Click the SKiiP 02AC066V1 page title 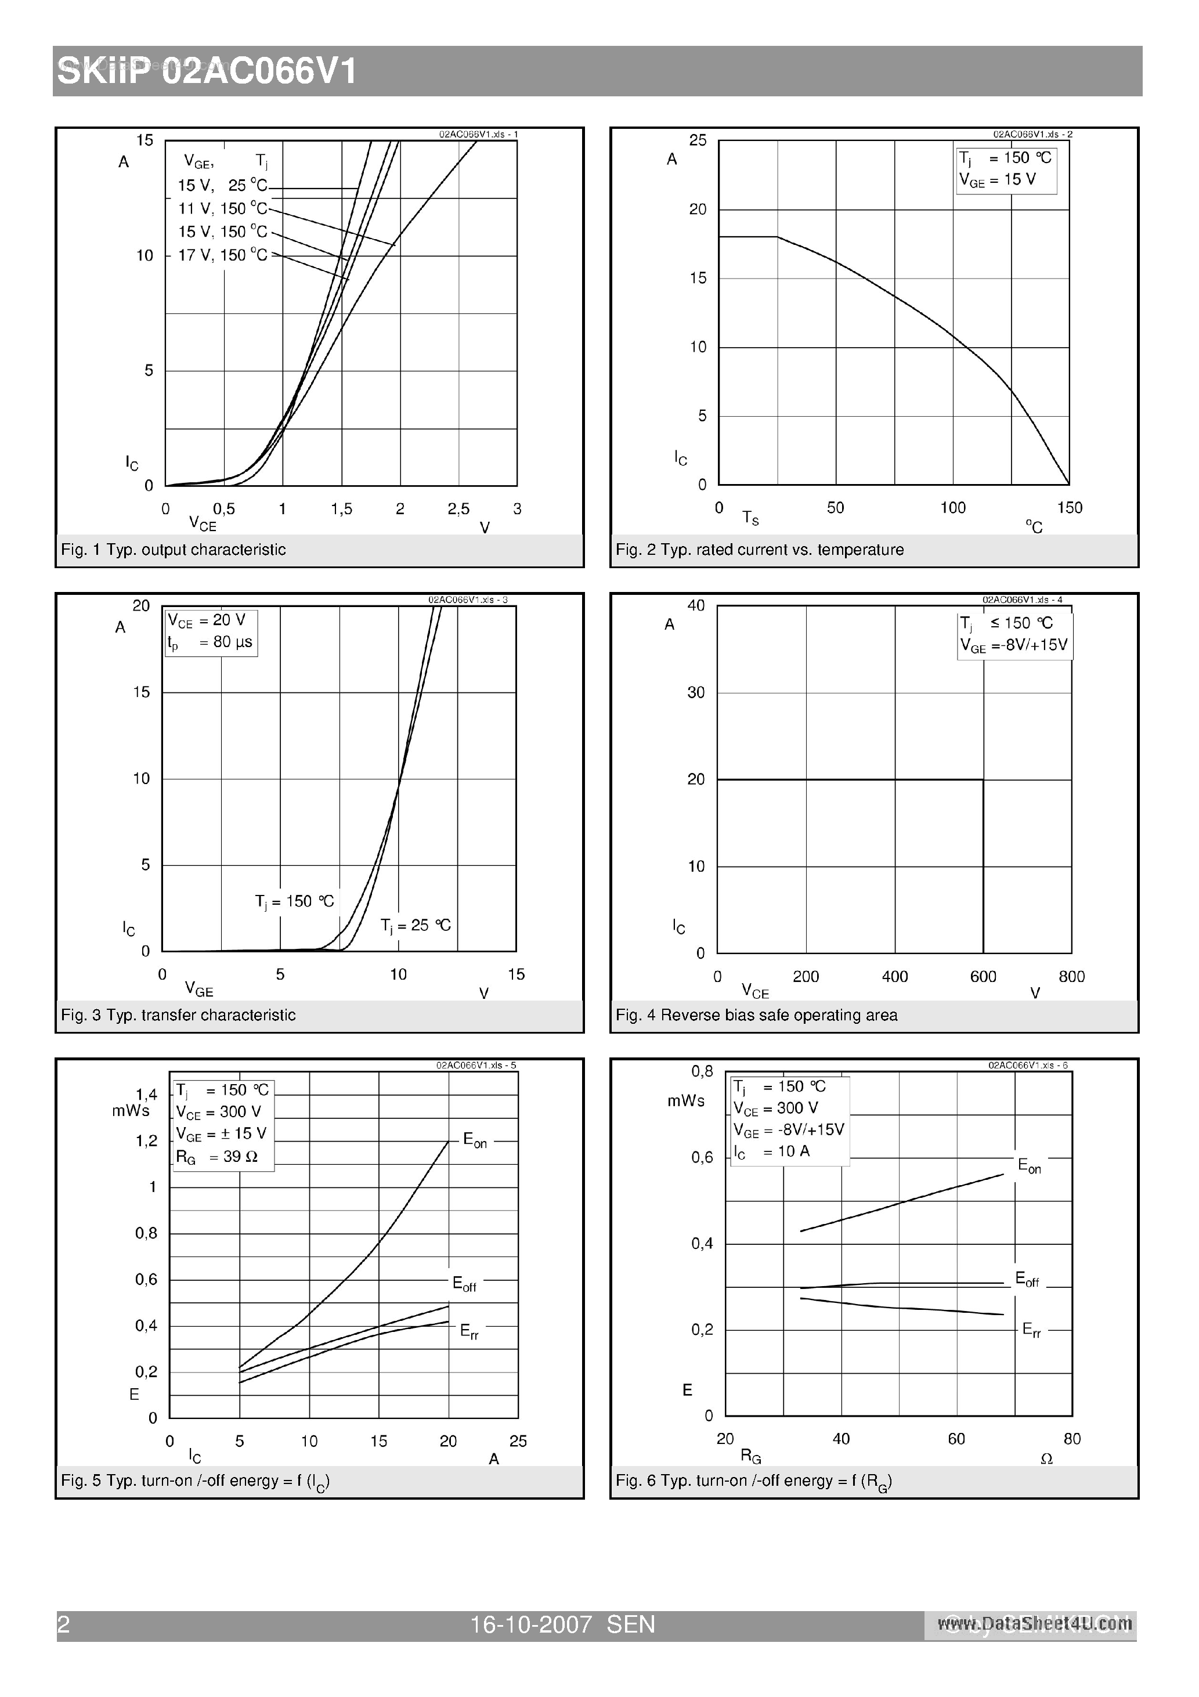(x=208, y=73)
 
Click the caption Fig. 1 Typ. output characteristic (x=173, y=549)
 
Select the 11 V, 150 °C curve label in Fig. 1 (x=222, y=209)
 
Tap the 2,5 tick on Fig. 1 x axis (x=458, y=508)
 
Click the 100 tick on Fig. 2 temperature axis (x=952, y=508)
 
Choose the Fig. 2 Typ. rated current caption (x=759, y=549)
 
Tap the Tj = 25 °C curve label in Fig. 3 (x=416, y=925)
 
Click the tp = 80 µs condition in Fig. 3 (x=210, y=642)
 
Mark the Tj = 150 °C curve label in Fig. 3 (x=294, y=902)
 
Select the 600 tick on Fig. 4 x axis (x=983, y=976)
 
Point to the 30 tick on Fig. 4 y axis (x=696, y=692)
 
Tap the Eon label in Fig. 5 (x=475, y=1140)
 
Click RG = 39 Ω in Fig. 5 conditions (x=216, y=1157)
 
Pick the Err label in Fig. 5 (x=469, y=1331)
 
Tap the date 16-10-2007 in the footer (x=531, y=1624)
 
